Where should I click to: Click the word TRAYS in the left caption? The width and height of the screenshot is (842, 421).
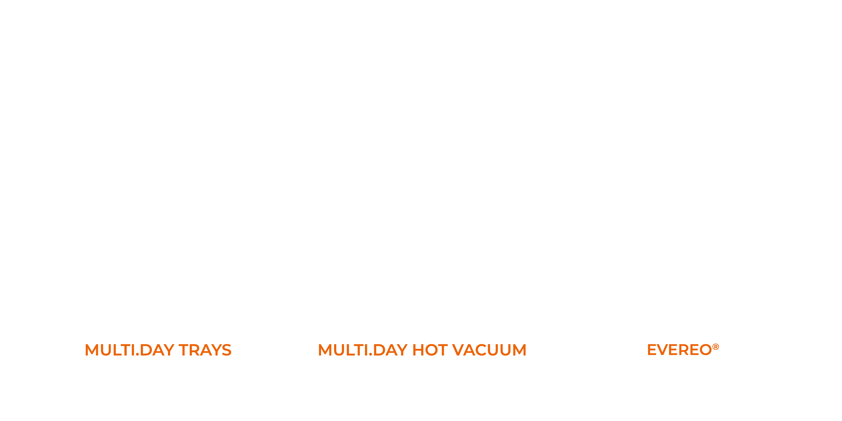pyautogui.click(x=205, y=350)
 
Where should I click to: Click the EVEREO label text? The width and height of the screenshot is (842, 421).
pyautogui.click(x=679, y=350)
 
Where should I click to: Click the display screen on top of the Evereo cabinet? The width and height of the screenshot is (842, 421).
pyautogui.click(x=715, y=81)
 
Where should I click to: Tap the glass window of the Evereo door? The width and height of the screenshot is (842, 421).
pyautogui.click(x=683, y=196)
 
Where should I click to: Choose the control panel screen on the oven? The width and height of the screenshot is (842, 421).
pyautogui.click(x=225, y=189)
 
